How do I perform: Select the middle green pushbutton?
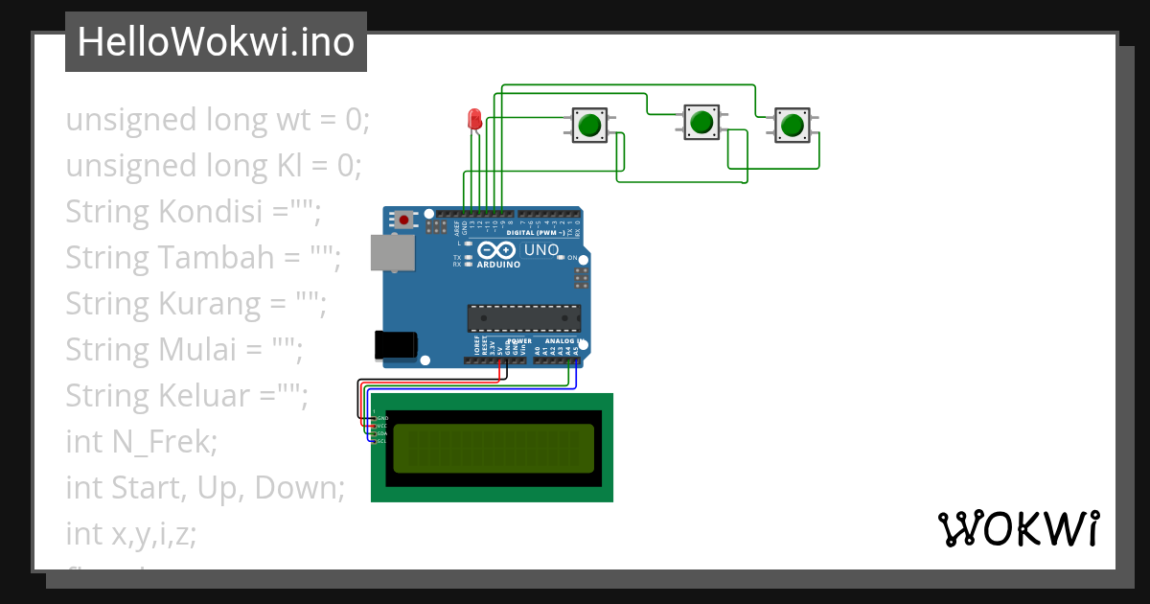pos(701,122)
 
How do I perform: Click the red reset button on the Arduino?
pos(404,220)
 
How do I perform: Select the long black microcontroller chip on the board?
pos(523,318)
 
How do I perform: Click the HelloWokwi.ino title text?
pos(216,42)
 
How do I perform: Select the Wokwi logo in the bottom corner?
pos(1018,528)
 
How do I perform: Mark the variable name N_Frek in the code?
pos(164,441)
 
